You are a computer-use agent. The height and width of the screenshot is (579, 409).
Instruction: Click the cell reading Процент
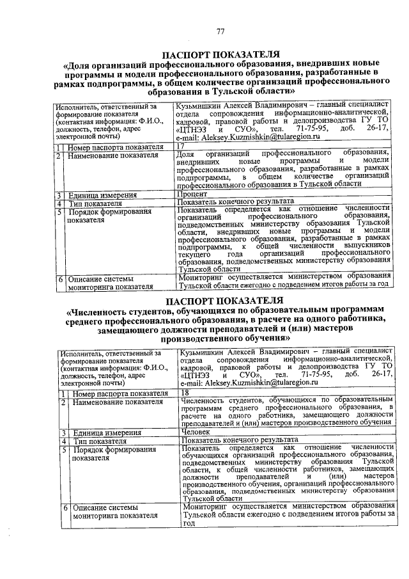click(x=191, y=194)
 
